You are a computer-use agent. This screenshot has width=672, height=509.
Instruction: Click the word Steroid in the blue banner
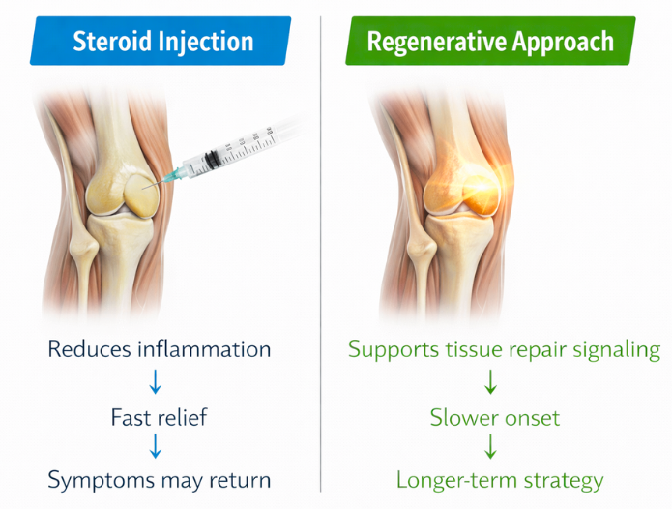pyautogui.click(x=113, y=42)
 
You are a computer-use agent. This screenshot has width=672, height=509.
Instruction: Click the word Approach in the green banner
pyautogui.click(x=563, y=43)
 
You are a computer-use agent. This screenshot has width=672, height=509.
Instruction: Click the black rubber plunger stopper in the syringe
pyautogui.click(x=211, y=160)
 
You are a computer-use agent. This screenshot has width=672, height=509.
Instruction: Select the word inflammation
pyautogui.click(x=204, y=349)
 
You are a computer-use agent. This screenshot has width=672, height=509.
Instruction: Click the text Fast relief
pyautogui.click(x=159, y=417)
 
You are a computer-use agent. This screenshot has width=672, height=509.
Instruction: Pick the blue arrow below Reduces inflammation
pyautogui.click(x=155, y=381)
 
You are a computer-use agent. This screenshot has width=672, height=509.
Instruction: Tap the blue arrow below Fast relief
pyautogui.click(x=155, y=446)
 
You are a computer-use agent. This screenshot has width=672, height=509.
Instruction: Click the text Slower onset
pyautogui.click(x=495, y=418)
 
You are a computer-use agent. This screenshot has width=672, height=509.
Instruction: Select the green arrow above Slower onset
pyautogui.click(x=490, y=381)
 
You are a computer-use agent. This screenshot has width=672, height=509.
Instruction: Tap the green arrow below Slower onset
pyautogui.click(x=490, y=446)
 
